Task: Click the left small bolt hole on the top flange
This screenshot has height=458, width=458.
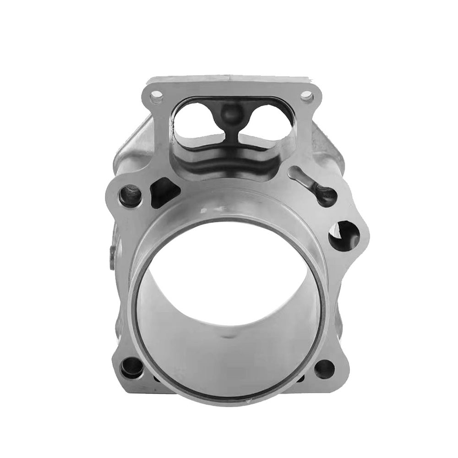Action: click(x=156, y=97)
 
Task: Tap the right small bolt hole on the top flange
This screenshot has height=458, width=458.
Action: click(x=306, y=96)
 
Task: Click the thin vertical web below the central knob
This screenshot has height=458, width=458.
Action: click(x=232, y=133)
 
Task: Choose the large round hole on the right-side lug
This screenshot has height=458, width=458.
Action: click(x=343, y=235)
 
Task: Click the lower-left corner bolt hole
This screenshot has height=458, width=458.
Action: click(x=131, y=367)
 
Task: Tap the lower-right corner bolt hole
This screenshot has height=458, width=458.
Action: click(x=324, y=369)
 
